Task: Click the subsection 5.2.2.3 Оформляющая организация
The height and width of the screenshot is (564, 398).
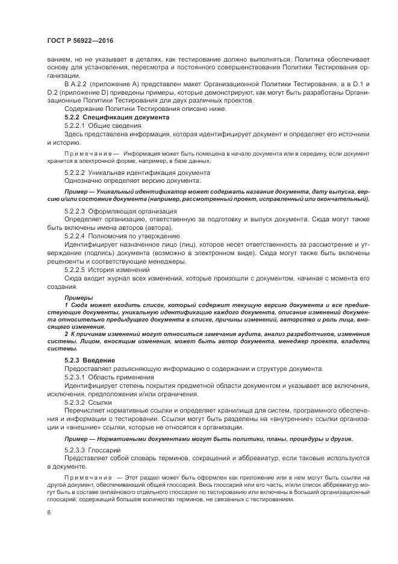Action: [x=120, y=211]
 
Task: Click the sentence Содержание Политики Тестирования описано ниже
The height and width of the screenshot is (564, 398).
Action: [x=137, y=109]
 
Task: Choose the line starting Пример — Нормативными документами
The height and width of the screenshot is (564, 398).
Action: [x=208, y=438]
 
